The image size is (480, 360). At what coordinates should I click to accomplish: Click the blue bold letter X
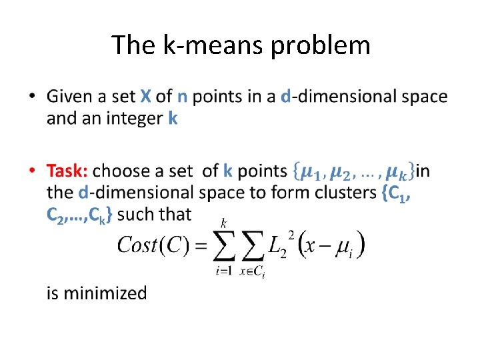(x=145, y=97)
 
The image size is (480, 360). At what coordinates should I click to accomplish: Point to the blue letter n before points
(x=181, y=97)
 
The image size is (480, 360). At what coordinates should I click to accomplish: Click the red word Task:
(x=67, y=171)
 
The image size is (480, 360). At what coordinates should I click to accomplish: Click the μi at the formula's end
(x=345, y=246)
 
